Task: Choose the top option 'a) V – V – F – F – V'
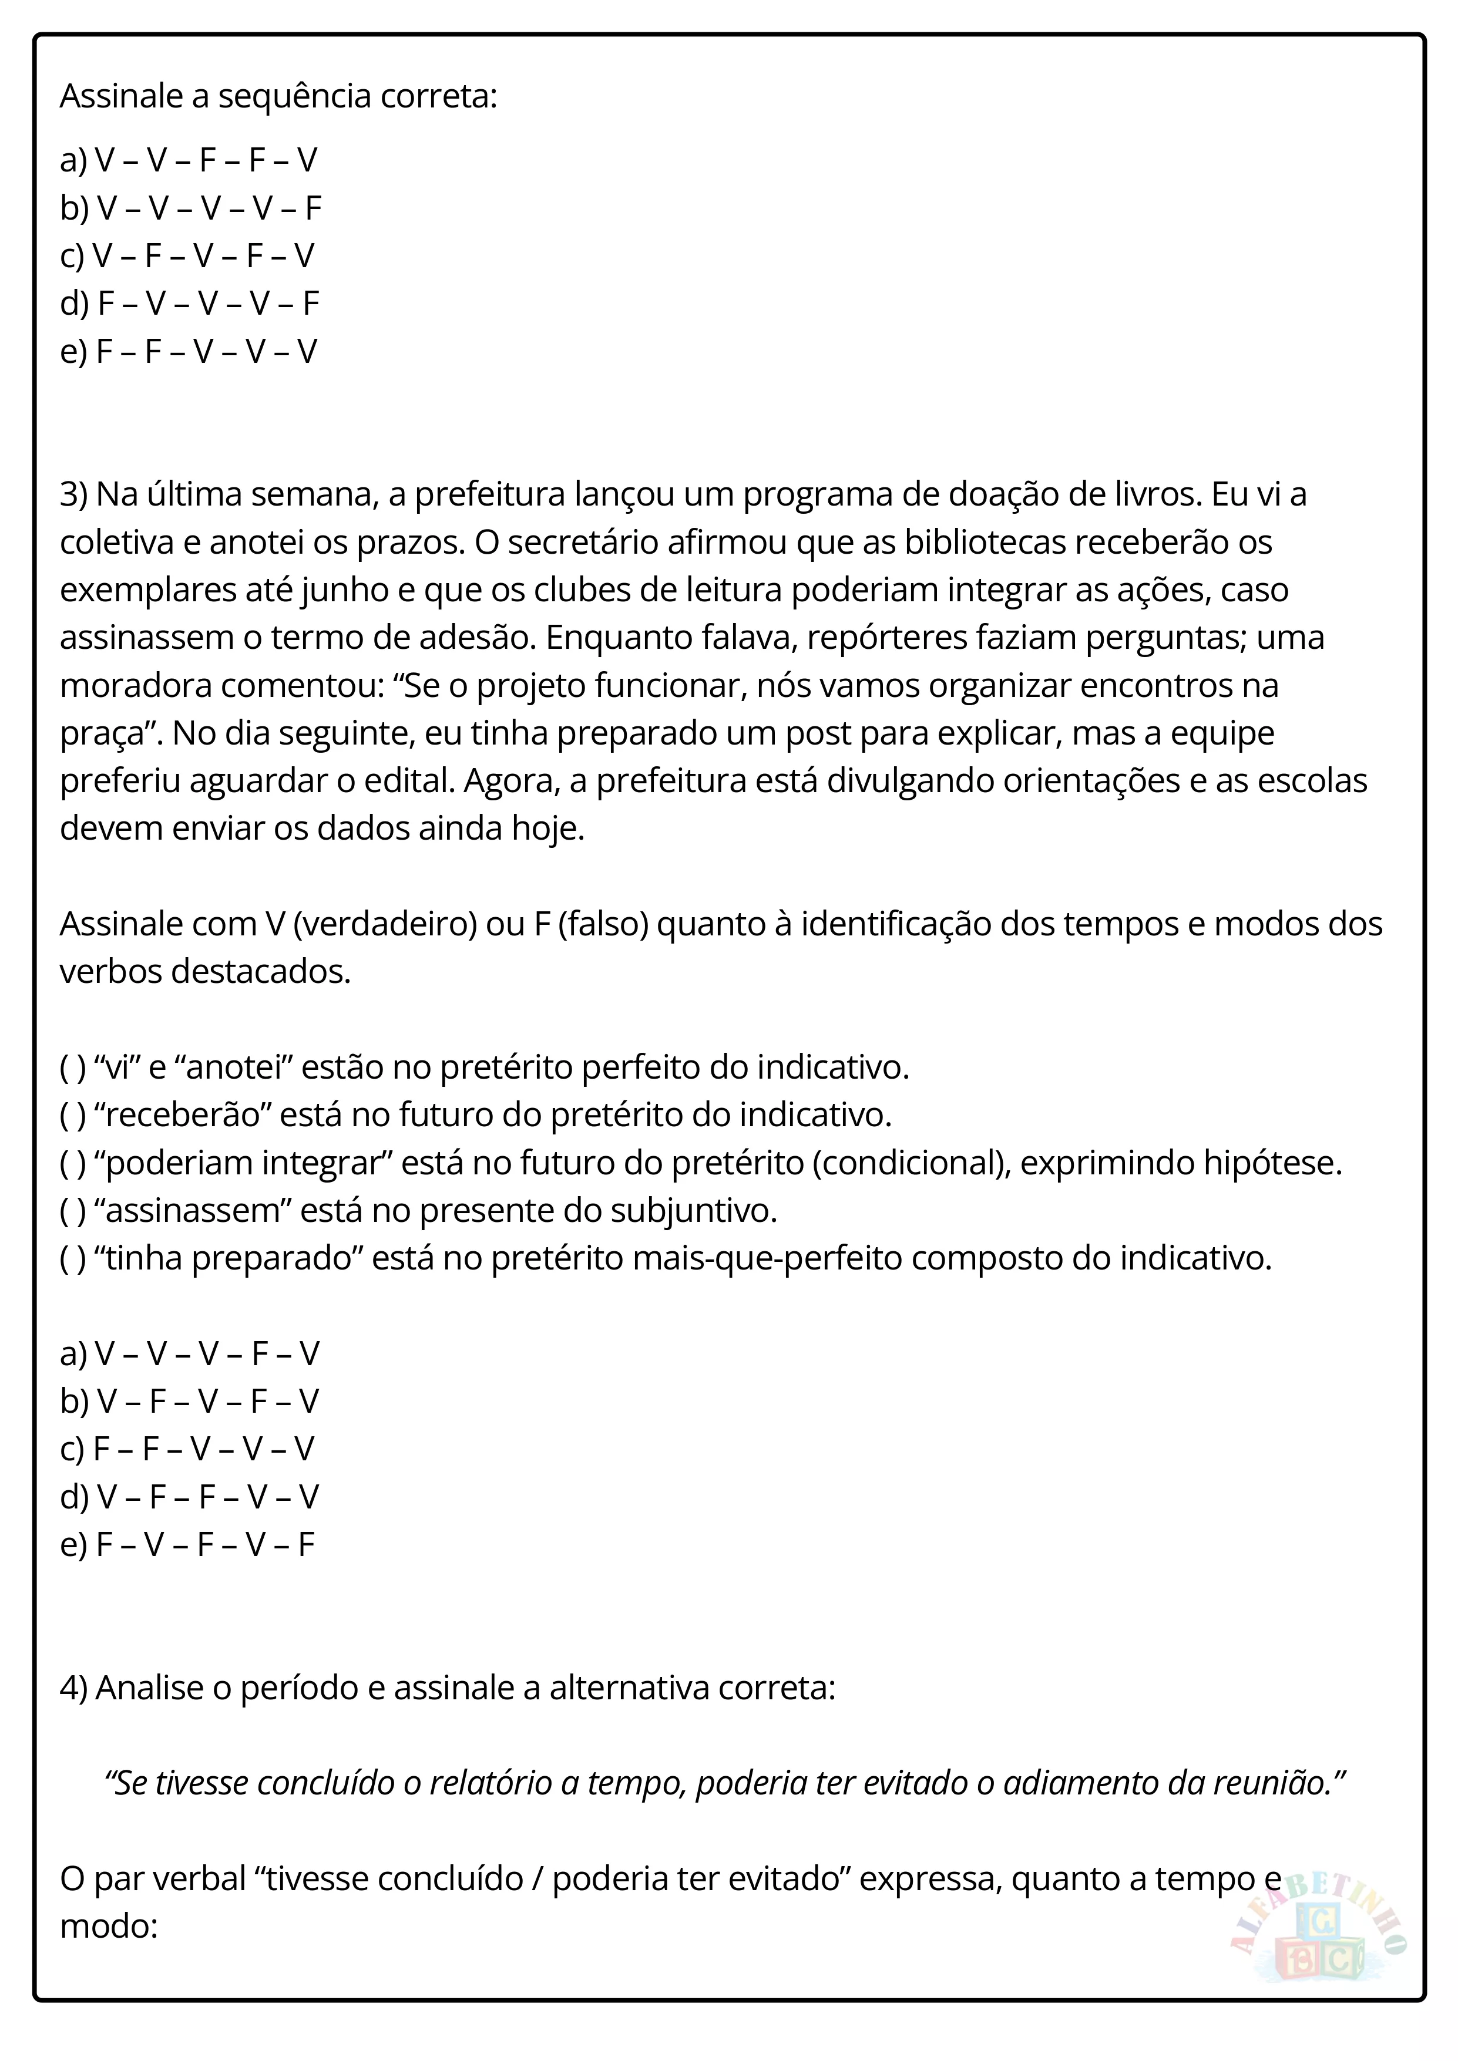click(x=189, y=161)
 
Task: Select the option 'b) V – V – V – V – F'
click(x=190, y=208)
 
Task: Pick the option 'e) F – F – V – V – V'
click(x=189, y=351)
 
